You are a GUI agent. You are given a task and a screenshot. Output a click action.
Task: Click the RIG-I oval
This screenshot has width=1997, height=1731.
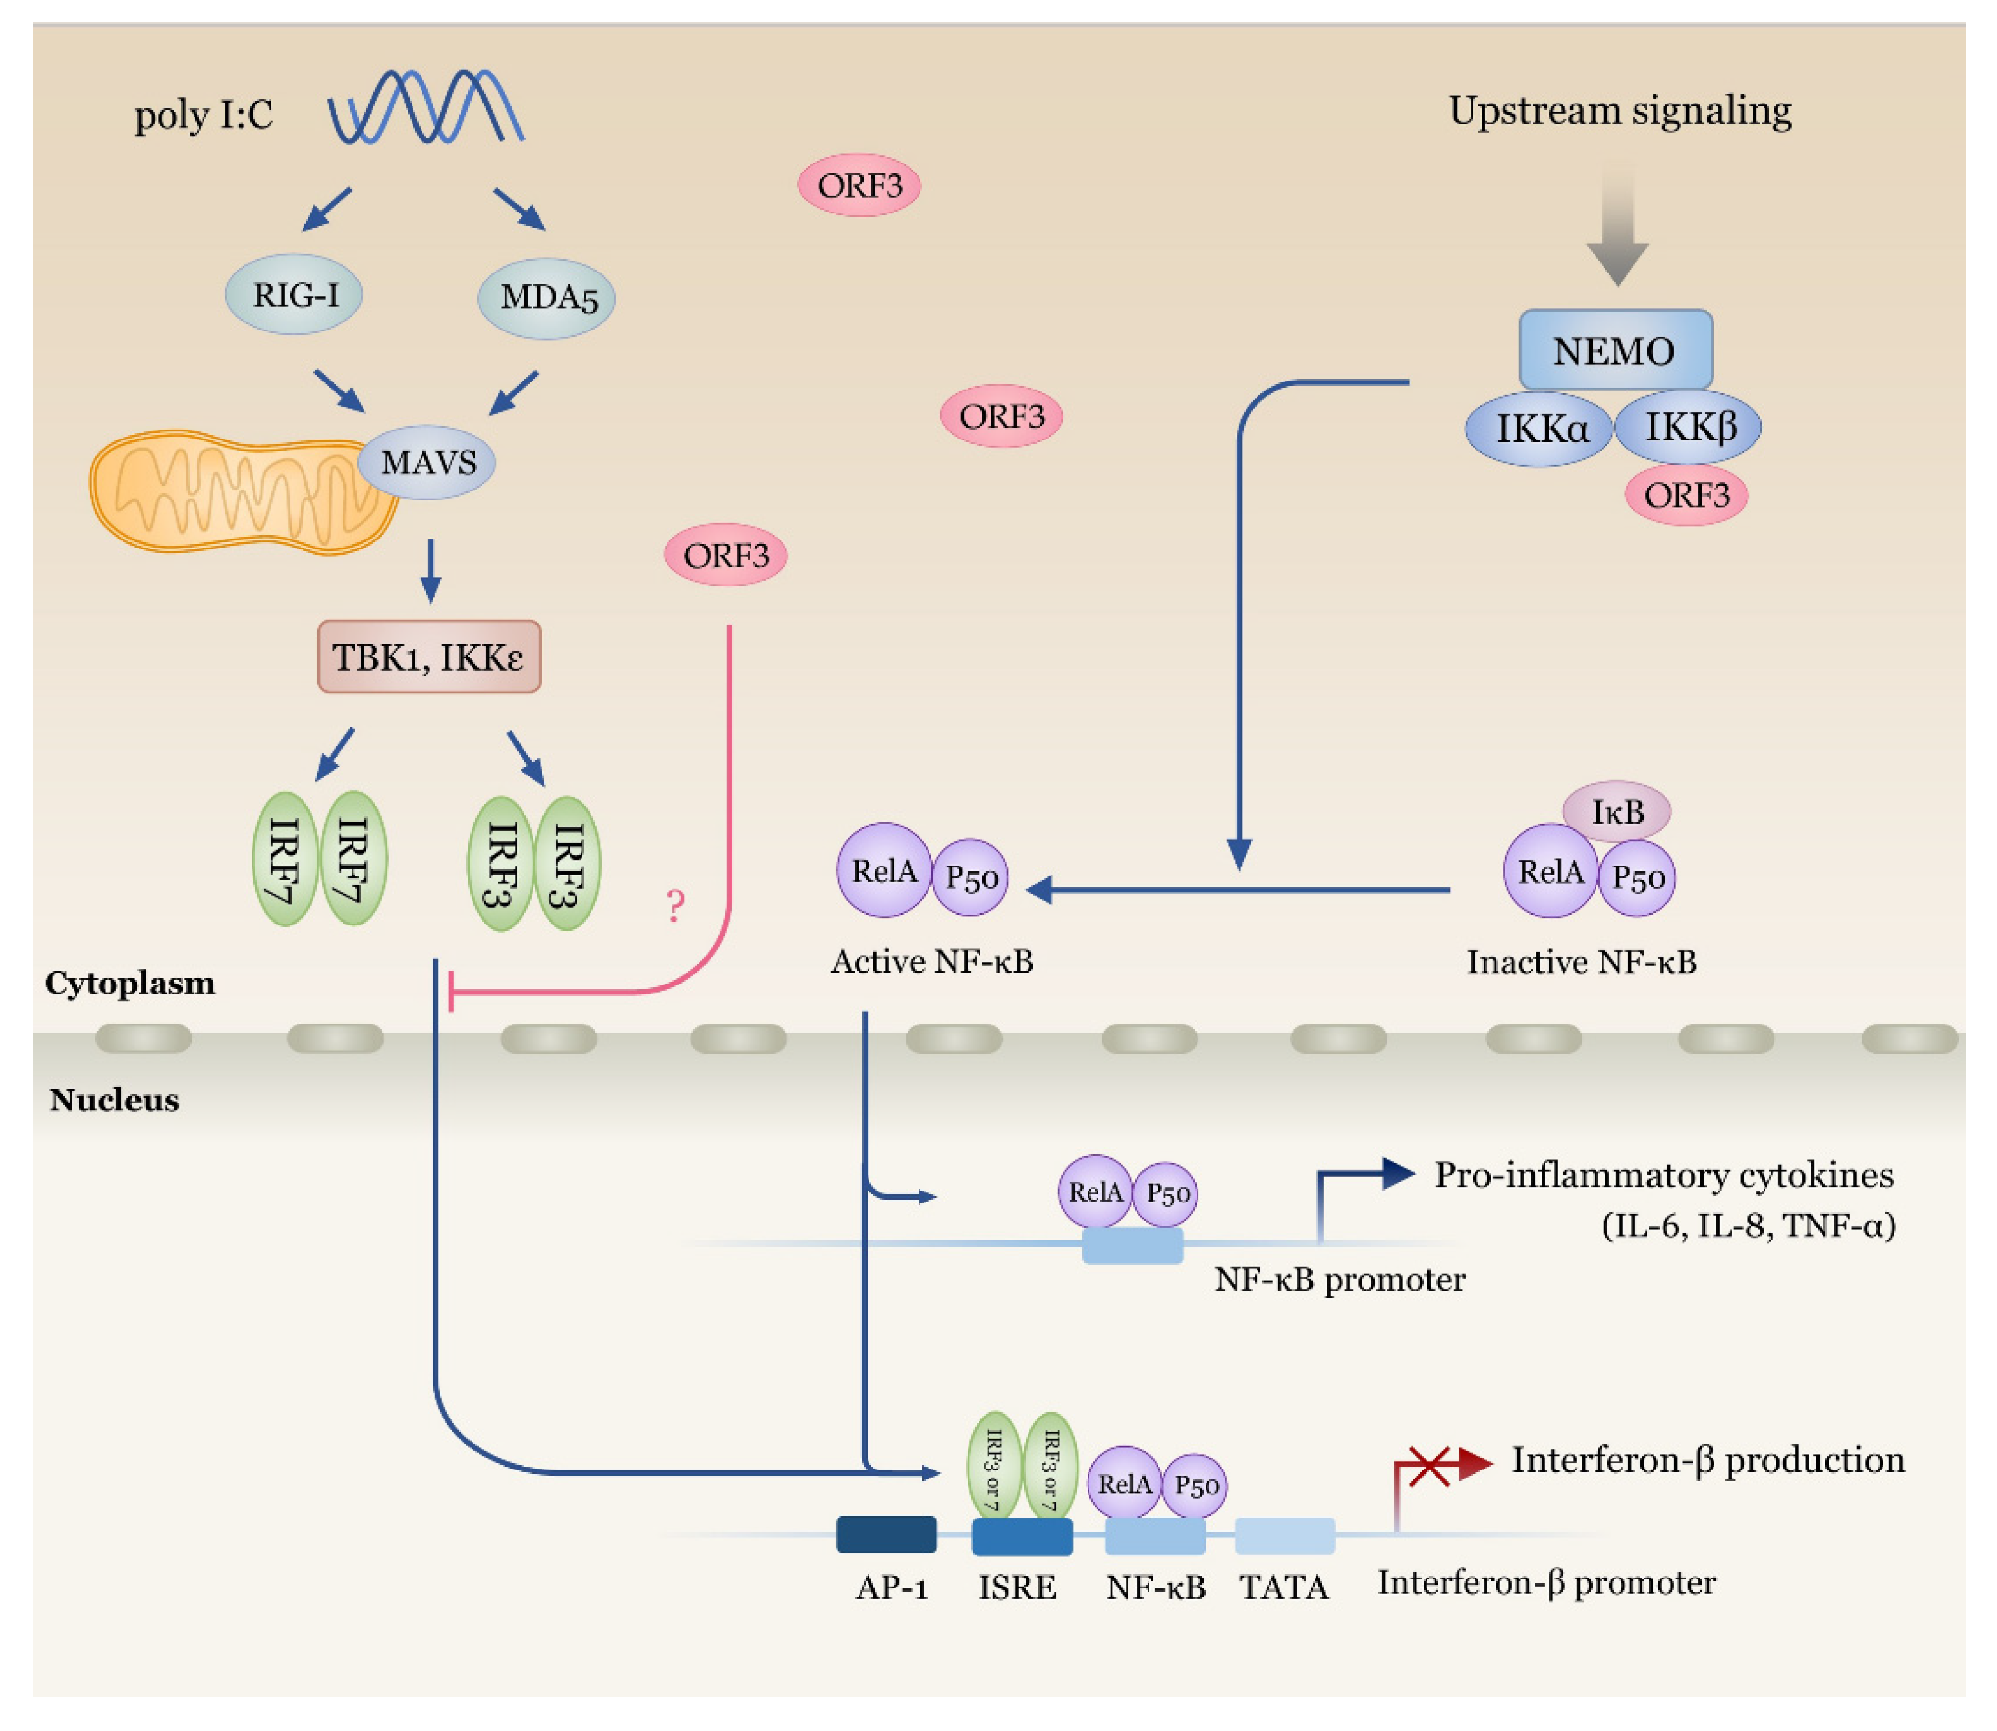pos(293,295)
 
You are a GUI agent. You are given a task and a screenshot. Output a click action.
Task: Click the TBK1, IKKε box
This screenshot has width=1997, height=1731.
pos(428,657)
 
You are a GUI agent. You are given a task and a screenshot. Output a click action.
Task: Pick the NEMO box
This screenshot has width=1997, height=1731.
pos(1614,350)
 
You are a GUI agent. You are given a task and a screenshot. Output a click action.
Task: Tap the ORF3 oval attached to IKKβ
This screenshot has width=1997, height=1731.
pos(1686,495)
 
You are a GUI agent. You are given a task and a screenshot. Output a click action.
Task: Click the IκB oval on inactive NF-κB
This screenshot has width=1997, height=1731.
pos(1616,811)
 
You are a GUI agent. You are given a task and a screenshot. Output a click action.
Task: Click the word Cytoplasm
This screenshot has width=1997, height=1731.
pos(130,984)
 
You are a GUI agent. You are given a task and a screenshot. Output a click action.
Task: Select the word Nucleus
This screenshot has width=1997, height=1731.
pos(114,1099)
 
